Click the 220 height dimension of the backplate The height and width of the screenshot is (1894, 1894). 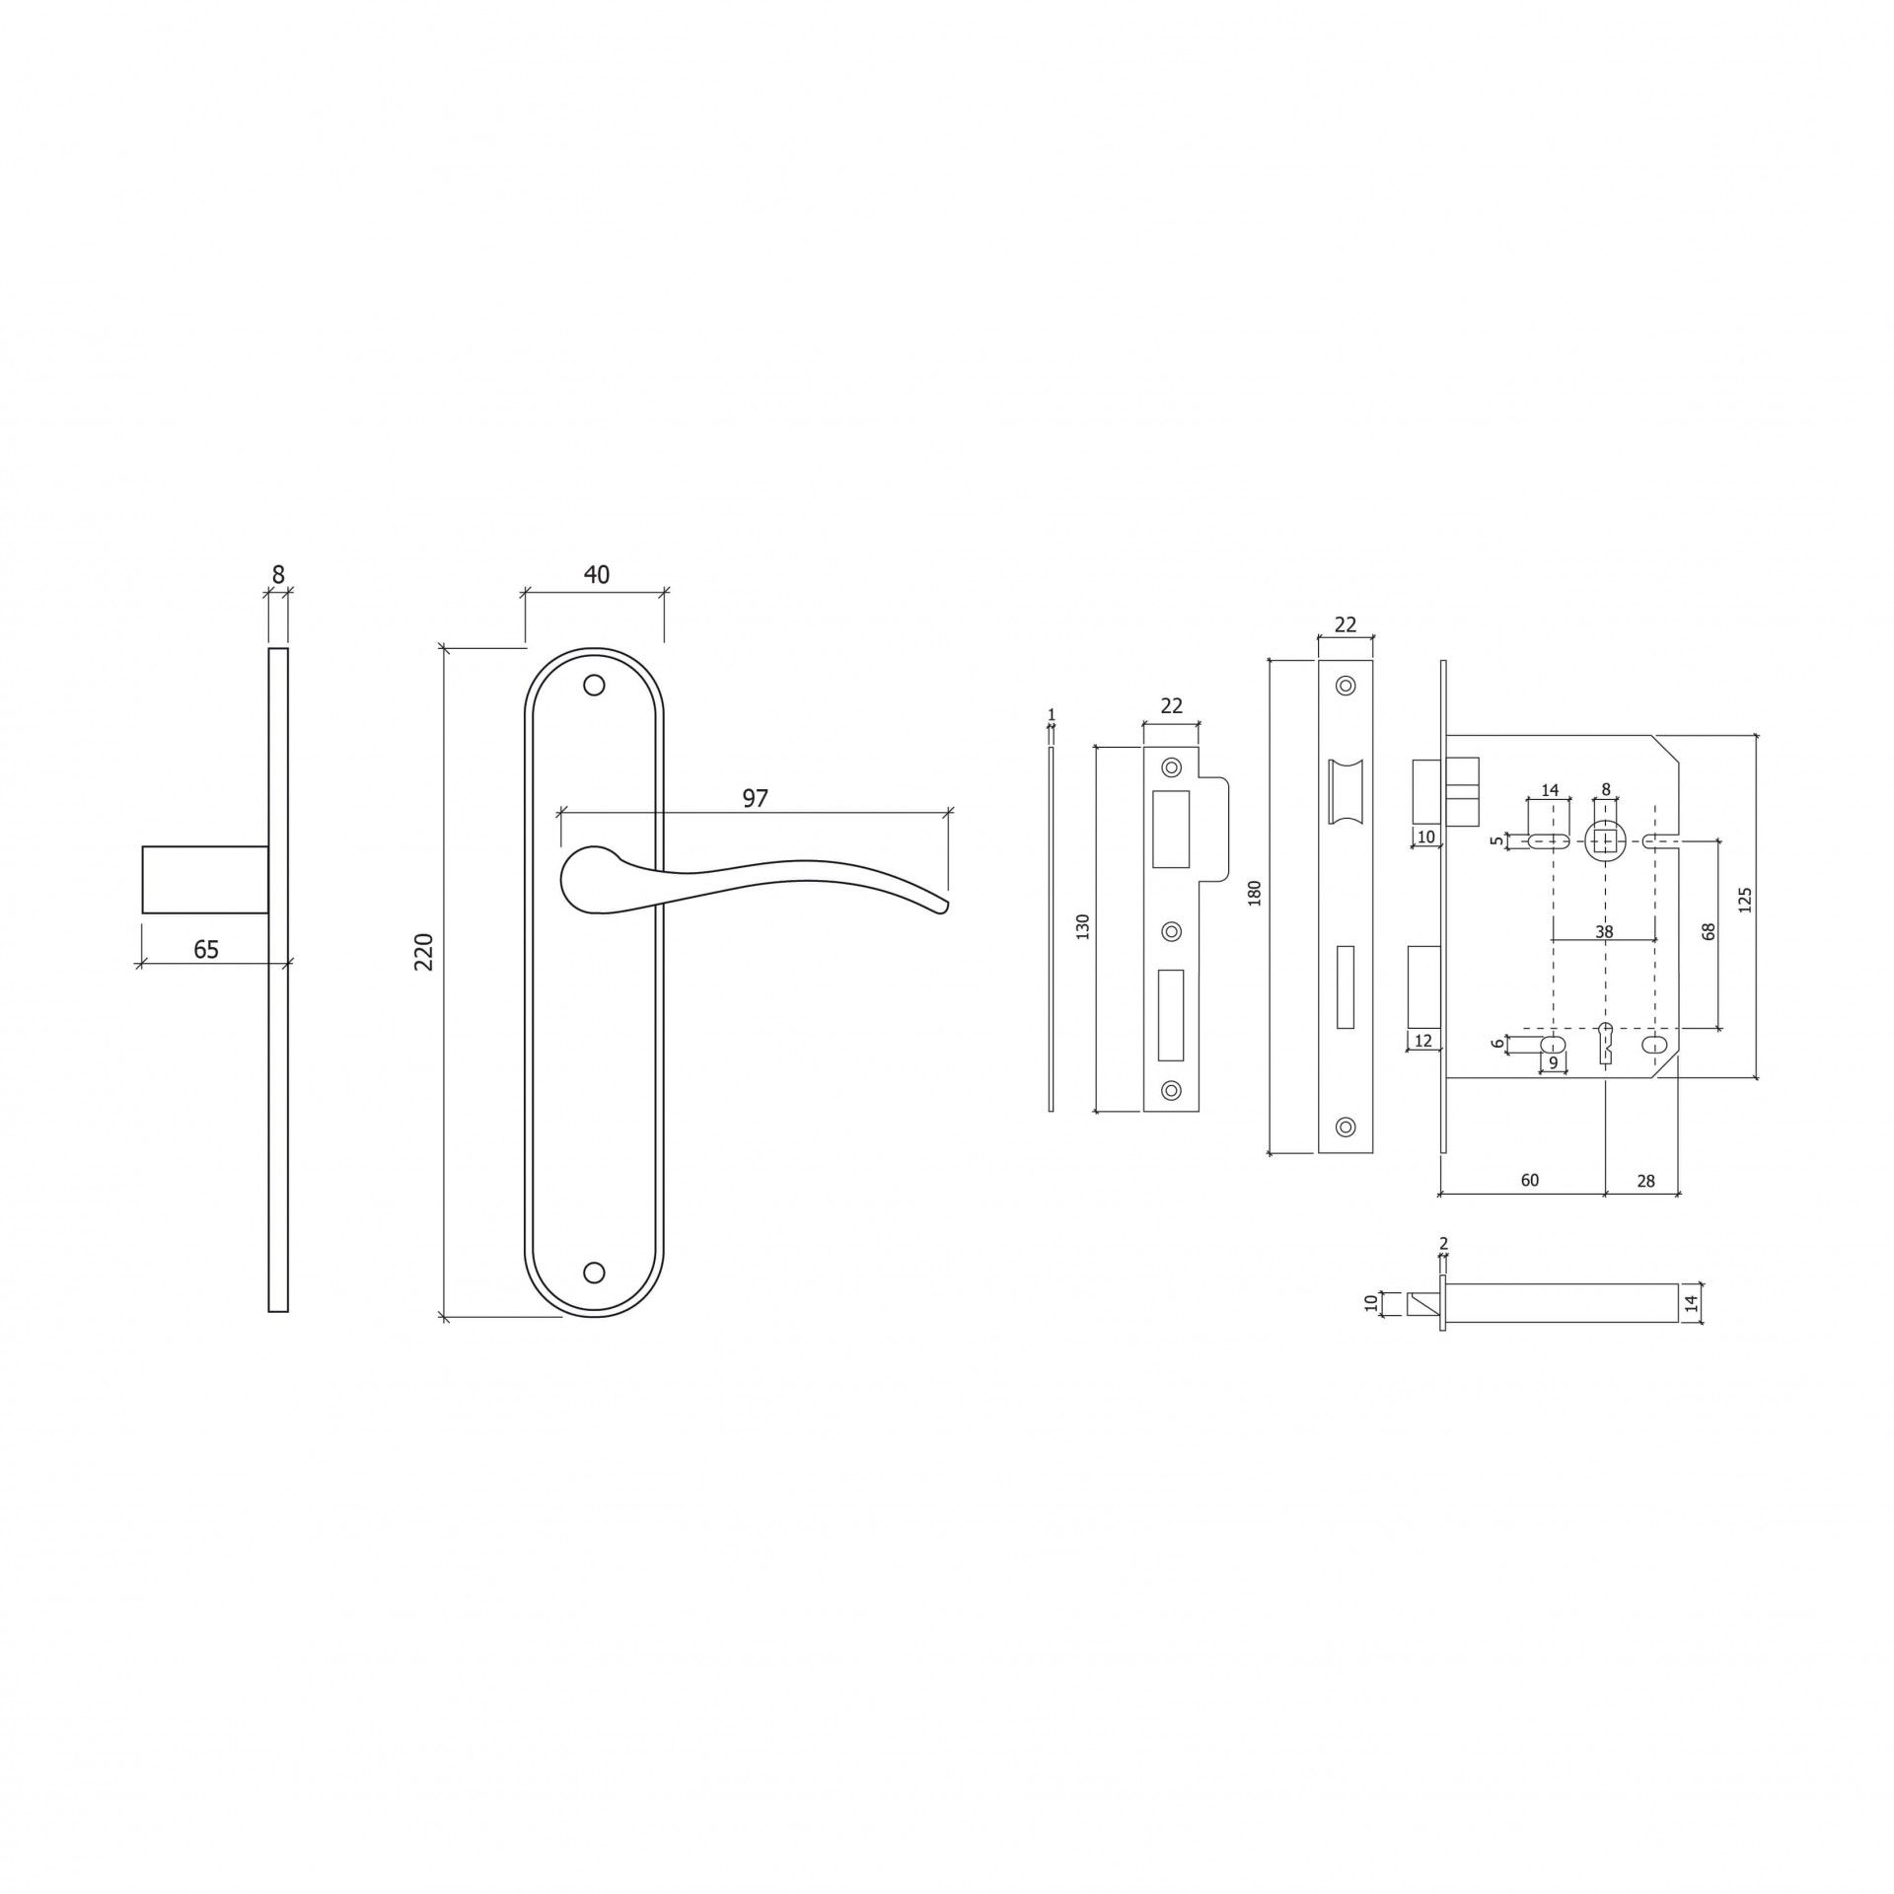pyautogui.click(x=424, y=952)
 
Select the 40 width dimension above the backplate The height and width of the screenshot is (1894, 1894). pyautogui.click(x=597, y=574)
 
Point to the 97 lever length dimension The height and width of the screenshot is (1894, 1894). pyautogui.click(x=755, y=798)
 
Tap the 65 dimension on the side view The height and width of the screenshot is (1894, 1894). pyautogui.click(x=206, y=949)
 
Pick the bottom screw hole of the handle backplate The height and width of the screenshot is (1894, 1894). pyautogui.click(x=594, y=1273)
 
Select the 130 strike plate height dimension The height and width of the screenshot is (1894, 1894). pyautogui.click(x=1083, y=926)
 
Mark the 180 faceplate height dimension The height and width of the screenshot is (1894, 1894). pyautogui.click(x=1255, y=893)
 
